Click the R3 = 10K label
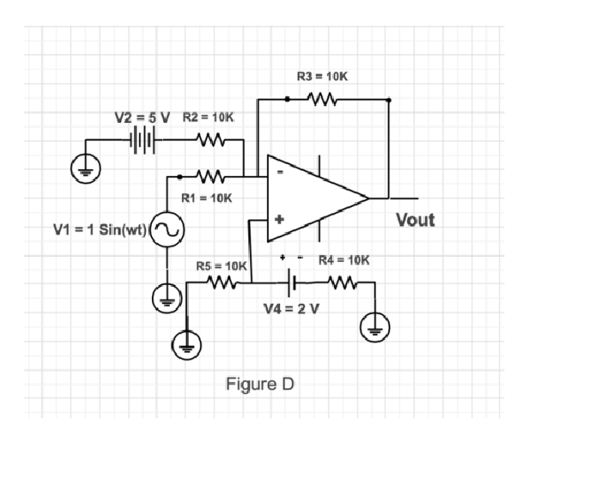(322, 77)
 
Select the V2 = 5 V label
(143, 116)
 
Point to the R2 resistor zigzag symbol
(210, 138)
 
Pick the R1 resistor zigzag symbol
(210, 177)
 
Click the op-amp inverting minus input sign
(277, 172)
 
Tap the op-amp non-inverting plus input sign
(277, 219)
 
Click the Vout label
(415, 220)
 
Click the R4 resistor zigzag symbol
(342, 283)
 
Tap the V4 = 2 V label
(292, 308)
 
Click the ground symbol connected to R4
(375, 325)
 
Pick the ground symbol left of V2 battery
(85, 167)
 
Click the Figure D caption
(260, 384)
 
